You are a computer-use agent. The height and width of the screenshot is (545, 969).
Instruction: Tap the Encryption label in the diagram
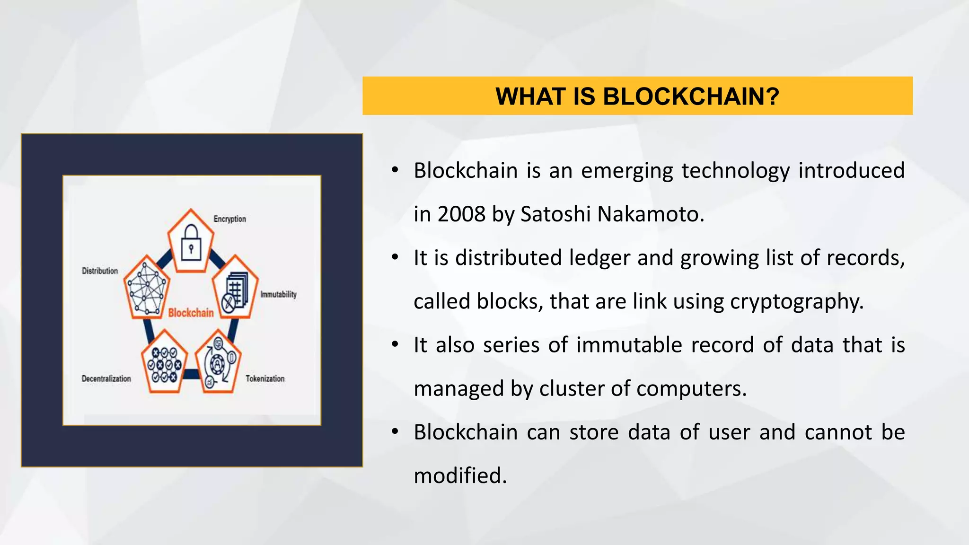coord(229,219)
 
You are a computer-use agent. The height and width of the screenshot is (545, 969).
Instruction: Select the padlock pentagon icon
coord(191,241)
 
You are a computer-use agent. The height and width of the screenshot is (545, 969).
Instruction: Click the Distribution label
coord(100,271)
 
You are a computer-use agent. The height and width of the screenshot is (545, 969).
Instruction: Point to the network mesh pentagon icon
coord(147,288)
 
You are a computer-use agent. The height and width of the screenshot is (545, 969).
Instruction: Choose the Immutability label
coord(278,295)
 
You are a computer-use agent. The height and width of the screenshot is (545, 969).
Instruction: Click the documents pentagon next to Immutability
coord(235,288)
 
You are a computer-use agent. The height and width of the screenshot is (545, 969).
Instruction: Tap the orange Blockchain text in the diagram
coord(191,313)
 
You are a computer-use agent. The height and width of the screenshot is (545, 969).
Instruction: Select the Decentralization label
coord(106,379)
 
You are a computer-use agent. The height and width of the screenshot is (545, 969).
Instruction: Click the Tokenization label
coord(265,379)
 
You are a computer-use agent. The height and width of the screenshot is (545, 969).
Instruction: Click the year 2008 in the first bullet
coord(461,214)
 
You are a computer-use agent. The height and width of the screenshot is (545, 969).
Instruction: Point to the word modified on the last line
coord(460,476)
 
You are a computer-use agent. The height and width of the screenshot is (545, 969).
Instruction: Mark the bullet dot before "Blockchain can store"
coord(395,431)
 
